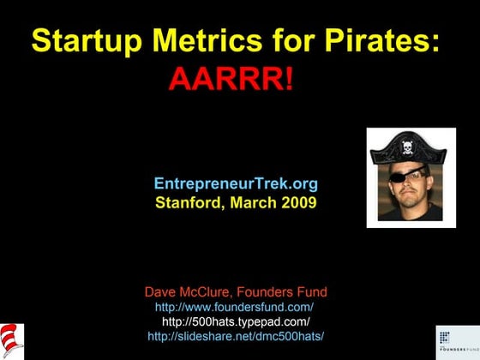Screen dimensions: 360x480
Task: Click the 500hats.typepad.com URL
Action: click(x=236, y=321)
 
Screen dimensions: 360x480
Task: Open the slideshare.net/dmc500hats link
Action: click(x=236, y=335)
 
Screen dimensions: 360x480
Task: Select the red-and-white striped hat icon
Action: click(x=12, y=340)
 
